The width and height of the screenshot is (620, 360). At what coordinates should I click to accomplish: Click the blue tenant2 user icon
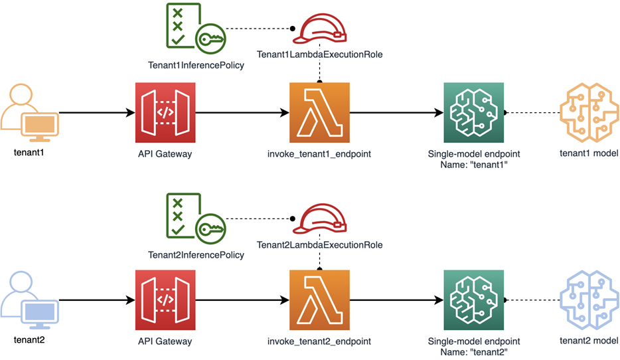coord(30,301)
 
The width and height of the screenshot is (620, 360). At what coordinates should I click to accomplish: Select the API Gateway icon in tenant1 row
coord(165,112)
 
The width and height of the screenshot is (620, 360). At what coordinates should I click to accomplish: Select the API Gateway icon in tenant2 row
coord(165,300)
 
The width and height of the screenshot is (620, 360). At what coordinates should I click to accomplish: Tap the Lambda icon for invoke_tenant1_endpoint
coord(320,112)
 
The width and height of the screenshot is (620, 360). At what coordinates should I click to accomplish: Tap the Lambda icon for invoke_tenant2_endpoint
coord(320,300)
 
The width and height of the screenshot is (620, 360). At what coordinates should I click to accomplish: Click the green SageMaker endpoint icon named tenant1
coord(473,112)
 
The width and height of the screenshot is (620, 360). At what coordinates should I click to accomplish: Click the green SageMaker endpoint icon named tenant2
coord(473,300)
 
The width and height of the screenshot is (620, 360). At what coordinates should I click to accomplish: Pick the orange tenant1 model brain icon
coord(587,112)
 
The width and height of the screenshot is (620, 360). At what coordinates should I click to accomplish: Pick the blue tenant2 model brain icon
coord(587,300)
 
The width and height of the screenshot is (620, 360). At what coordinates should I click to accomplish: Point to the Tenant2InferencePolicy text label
coord(196,254)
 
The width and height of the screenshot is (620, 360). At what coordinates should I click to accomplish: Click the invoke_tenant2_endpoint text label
coord(319,341)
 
